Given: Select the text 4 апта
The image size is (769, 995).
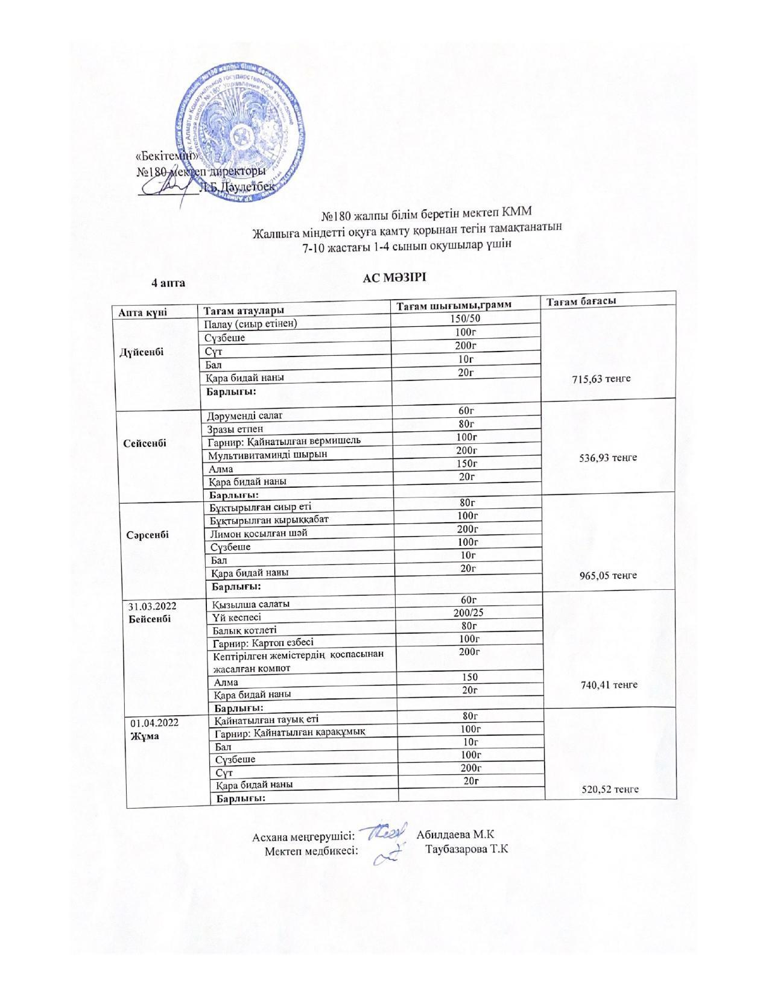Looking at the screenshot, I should tap(168, 283).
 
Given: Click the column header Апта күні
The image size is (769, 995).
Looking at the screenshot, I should tap(142, 312).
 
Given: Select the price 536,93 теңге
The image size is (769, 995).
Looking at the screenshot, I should tap(608, 458).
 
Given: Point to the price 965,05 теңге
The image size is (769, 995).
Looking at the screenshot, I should tap(608, 575).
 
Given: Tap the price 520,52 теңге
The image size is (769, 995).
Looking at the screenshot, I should tap(610, 789).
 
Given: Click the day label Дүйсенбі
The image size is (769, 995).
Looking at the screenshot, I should tap(142, 352).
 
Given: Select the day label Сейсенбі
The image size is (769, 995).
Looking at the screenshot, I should tap(145, 443).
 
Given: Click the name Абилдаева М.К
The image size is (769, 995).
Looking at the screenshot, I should tap(455, 835).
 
